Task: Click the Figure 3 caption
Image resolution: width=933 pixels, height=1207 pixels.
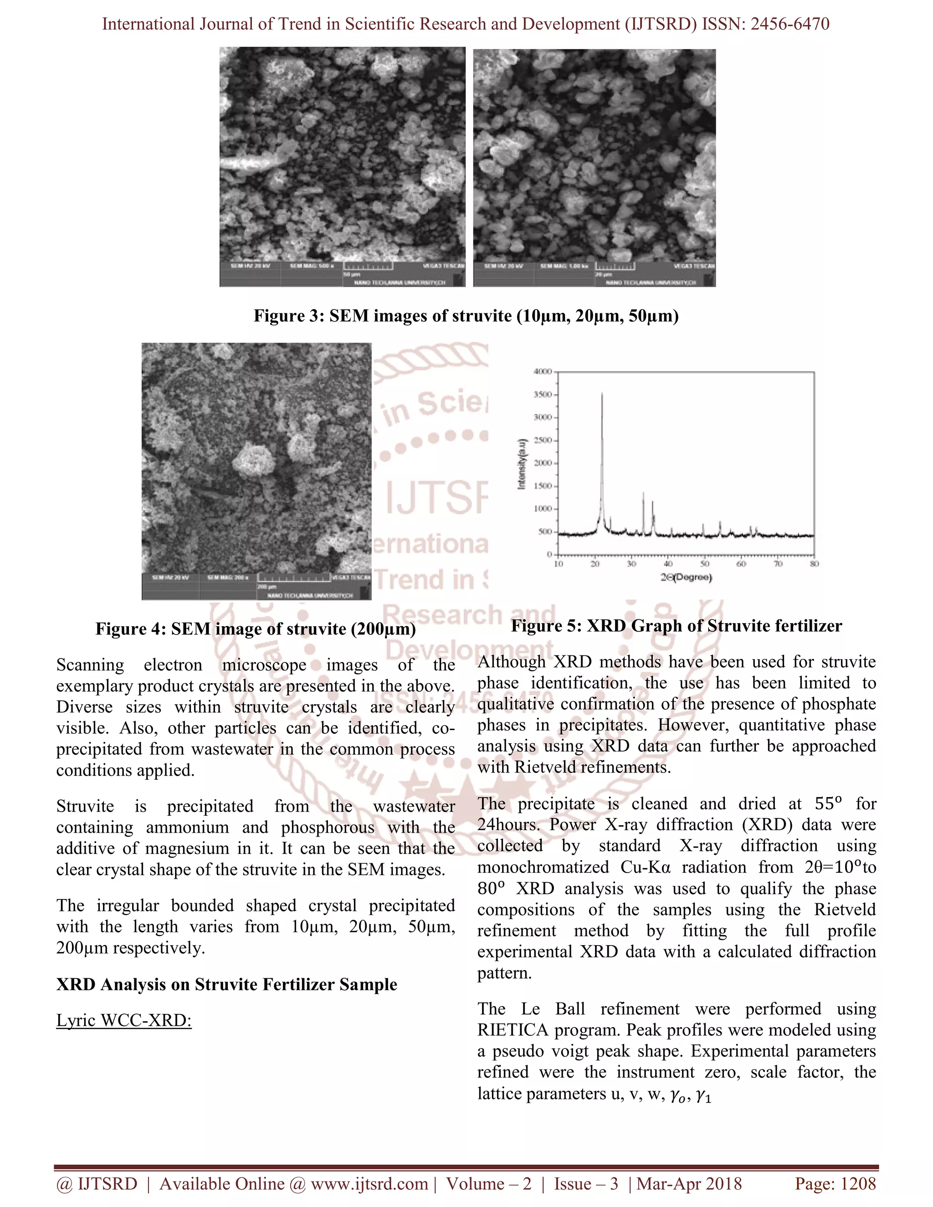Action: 466,316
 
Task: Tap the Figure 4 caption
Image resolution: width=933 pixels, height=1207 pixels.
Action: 256,629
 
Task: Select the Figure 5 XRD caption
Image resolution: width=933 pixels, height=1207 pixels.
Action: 676,626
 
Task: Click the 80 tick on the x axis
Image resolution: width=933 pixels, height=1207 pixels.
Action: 814,564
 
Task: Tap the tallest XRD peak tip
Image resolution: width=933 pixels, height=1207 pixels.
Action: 602,393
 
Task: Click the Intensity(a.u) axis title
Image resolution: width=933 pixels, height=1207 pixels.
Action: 521,463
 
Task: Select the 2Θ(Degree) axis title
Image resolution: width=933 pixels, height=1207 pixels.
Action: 686,578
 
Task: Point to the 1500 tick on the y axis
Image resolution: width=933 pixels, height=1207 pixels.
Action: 543,486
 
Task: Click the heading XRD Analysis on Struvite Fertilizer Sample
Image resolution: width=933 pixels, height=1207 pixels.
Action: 226,984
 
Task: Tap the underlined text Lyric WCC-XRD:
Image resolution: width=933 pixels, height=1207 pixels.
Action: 124,1020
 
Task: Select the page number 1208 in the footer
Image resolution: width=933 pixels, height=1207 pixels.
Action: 858,1184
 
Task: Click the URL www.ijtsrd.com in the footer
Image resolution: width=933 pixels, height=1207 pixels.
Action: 369,1184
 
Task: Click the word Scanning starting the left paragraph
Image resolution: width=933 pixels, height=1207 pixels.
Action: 90,665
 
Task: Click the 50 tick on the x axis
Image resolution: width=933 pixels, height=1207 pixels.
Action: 705,564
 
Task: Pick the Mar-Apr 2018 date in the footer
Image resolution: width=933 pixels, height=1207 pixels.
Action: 689,1184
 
